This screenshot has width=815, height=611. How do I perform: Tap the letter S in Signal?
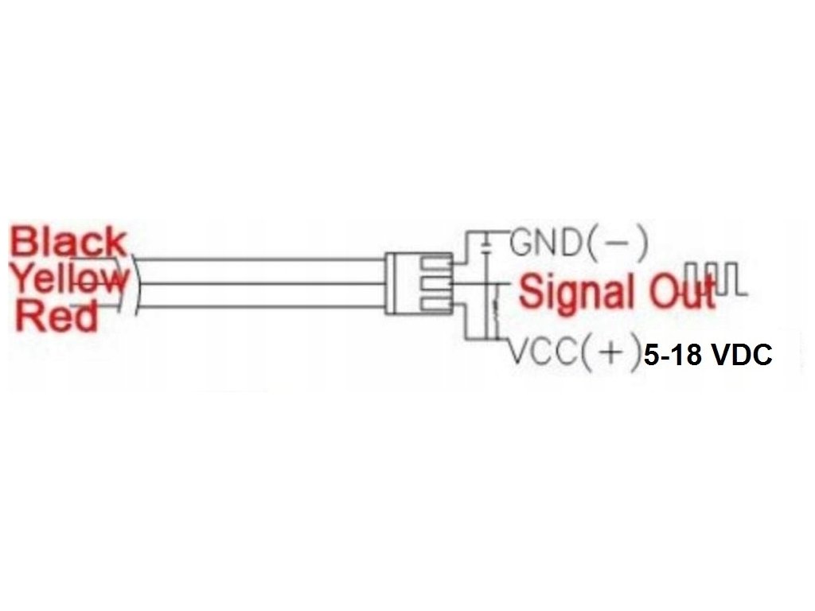click(x=532, y=291)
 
